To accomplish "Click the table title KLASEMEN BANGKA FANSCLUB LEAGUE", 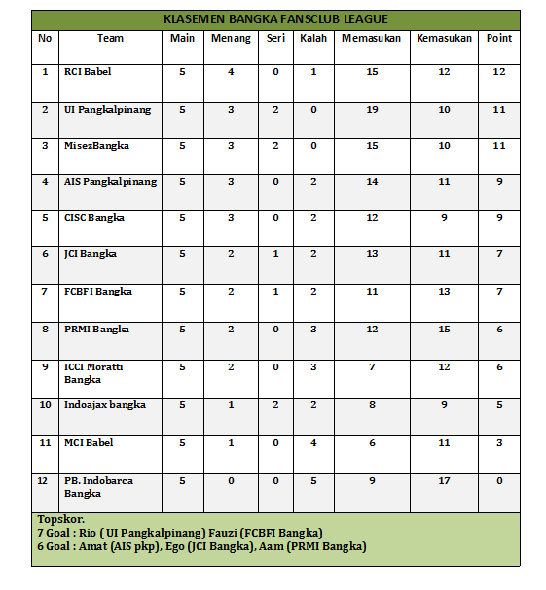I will coord(275,19).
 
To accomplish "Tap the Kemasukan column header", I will coord(444,39).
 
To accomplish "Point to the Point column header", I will coord(499,39).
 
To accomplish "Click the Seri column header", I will coord(275,39).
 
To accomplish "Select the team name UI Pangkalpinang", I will coord(107,110).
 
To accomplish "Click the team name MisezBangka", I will coord(96,145).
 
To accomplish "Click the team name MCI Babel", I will coord(89,442).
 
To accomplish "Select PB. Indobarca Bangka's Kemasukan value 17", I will coord(444,480).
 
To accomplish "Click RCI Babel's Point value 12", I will coord(499,72).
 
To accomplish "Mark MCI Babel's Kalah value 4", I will coord(312,442).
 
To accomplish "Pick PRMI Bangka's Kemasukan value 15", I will coord(444,329).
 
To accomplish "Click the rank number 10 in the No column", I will coord(45,404).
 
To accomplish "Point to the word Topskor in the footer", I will coord(59,519).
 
